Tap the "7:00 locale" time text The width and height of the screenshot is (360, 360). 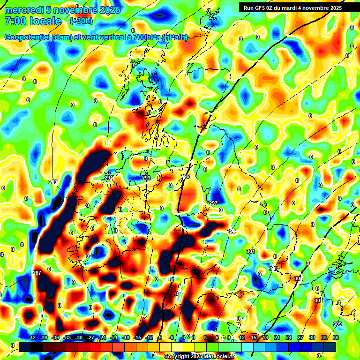coord(33,21)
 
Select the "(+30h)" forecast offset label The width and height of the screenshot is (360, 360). coord(81,21)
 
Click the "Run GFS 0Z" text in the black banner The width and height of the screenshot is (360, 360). coord(261,7)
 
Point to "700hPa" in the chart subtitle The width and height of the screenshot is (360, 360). coord(146,37)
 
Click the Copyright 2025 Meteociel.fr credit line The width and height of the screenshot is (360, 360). coord(199,357)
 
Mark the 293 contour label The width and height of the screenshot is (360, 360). coord(146,178)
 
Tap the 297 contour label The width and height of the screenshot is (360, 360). coord(213,203)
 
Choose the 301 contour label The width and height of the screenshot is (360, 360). coord(251,252)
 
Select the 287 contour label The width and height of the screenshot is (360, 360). coord(37,273)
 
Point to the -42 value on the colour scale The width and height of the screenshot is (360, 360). coord(32,337)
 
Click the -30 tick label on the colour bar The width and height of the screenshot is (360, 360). coord(79,337)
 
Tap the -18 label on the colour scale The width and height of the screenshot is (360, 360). coord(126,337)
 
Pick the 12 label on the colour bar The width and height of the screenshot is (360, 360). coord(242,337)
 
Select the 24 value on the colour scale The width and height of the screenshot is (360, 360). coord(289,337)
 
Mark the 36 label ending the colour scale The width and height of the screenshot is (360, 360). coord(335,337)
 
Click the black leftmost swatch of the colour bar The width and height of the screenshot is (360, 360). coord(25,346)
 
